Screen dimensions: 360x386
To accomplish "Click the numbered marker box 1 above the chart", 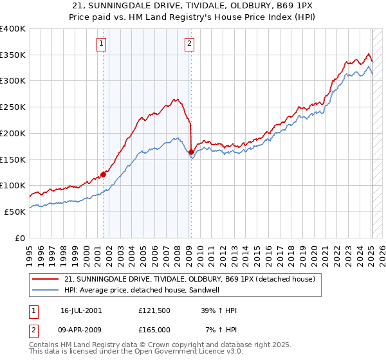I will point(102,44).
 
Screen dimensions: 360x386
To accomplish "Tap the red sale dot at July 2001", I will point(103,174).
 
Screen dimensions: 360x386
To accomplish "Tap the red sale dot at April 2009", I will point(191,152).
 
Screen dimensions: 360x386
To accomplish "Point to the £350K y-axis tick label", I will point(13,55).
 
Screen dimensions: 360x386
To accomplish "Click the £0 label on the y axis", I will point(19,238).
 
